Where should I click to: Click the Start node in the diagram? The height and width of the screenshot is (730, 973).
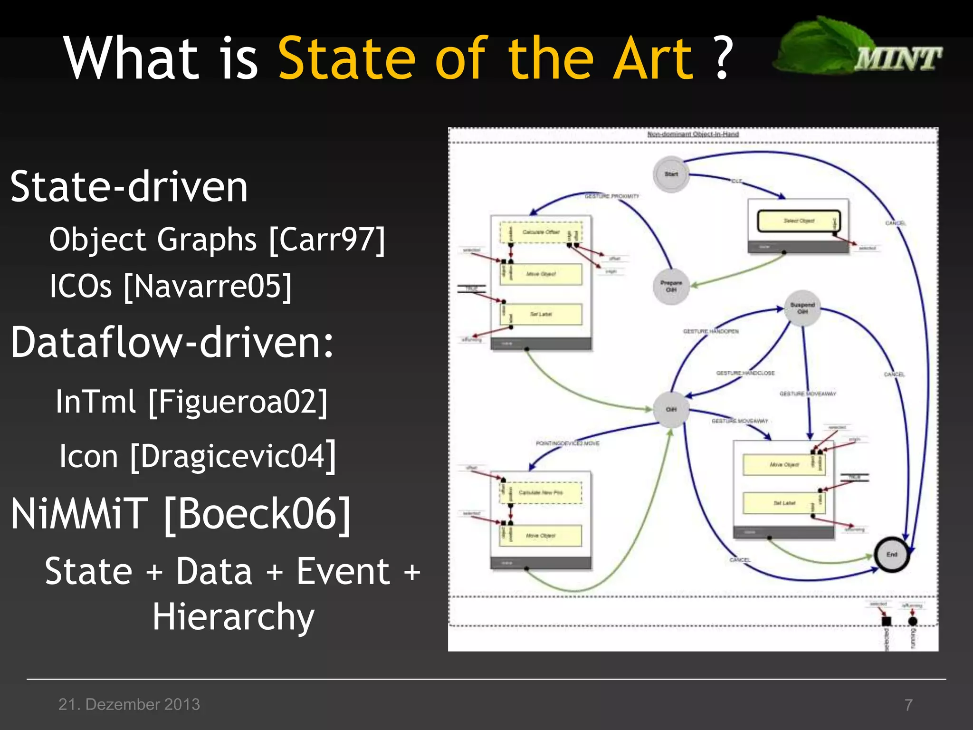click(x=671, y=174)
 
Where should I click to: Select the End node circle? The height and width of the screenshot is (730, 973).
click(x=892, y=554)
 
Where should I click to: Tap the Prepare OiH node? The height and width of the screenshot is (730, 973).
click(x=671, y=286)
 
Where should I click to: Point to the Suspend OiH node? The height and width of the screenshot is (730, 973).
click(x=802, y=308)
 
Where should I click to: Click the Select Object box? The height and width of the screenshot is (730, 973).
click(x=799, y=221)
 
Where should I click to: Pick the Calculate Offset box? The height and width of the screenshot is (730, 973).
click(x=541, y=232)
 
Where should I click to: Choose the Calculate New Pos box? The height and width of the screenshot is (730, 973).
click(x=541, y=493)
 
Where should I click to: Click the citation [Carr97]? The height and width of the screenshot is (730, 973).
click(x=327, y=240)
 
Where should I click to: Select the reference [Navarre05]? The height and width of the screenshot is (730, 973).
click(x=208, y=287)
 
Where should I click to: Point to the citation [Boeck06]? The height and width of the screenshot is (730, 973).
click(x=257, y=514)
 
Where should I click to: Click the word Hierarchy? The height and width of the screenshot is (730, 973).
click(x=233, y=617)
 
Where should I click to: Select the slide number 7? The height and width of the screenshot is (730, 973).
click(x=908, y=704)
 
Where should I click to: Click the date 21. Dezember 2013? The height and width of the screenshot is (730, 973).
click(x=129, y=704)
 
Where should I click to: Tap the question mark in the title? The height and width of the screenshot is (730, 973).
click(x=723, y=58)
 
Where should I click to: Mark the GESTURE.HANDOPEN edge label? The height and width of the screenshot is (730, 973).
click(x=711, y=331)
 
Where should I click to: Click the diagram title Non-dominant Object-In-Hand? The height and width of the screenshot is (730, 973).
click(x=693, y=134)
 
